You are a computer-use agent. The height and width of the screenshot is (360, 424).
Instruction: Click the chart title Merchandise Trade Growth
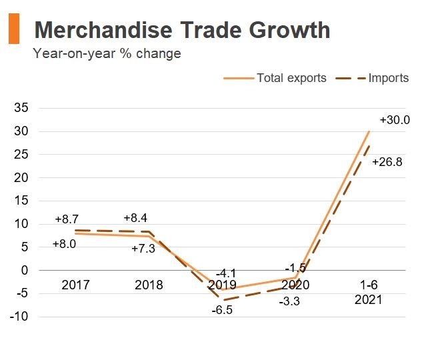click(181, 30)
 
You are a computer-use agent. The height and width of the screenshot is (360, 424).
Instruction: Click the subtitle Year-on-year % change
click(107, 54)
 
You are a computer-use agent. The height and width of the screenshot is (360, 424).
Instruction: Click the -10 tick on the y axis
click(19, 317)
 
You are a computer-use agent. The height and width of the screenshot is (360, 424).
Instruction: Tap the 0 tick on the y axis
click(24, 270)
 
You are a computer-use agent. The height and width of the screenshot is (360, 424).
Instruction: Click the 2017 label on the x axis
click(75, 285)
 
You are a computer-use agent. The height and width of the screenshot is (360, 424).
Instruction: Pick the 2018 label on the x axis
click(149, 285)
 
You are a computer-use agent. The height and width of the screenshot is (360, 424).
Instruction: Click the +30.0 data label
click(394, 121)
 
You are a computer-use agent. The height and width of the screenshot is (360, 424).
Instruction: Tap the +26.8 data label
click(387, 162)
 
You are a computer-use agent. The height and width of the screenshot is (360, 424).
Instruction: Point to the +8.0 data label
click(64, 244)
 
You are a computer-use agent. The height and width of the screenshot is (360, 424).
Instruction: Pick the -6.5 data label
click(222, 311)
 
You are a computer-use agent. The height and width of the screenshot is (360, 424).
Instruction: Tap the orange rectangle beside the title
click(13, 29)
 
